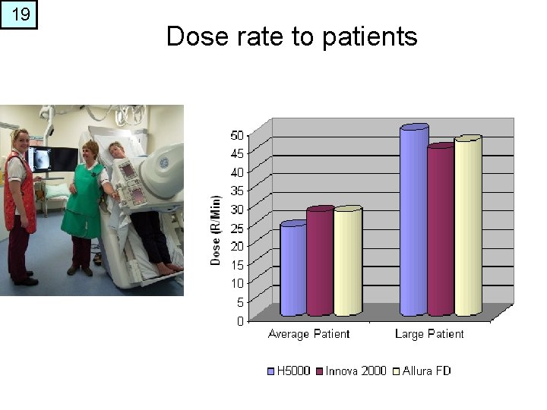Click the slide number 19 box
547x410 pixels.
coord(18,14)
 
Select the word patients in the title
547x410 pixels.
coord(370,36)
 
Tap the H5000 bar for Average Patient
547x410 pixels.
coord(293,270)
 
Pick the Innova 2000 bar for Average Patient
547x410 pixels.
coord(320,261)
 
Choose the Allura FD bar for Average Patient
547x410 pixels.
coord(347,261)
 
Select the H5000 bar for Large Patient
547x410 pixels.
coord(413,220)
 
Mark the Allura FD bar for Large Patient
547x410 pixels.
coord(468,225)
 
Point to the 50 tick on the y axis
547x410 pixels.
coord(237,135)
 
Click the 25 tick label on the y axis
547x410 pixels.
coord(237,228)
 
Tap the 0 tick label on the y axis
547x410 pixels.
coord(240,321)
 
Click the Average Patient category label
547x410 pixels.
coord(308,334)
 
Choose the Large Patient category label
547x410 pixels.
coord(429,334)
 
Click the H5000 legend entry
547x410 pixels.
coord(289,371)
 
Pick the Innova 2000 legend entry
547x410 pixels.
coord(352,371)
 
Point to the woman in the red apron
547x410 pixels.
coord(20,197)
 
